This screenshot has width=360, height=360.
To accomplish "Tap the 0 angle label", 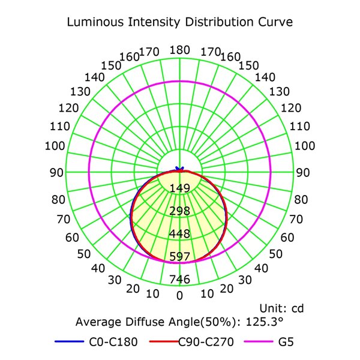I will tap(180, 295).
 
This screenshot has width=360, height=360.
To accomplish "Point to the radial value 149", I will tap(180, 188).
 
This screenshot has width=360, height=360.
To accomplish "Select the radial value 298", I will tap(180, 211).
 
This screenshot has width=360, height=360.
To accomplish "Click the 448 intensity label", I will tap(180, 233).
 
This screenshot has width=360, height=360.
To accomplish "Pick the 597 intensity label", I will tap(180, 256).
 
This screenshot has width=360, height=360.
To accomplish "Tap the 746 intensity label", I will tap(180, 279).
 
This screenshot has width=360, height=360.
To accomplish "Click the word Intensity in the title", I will tap(151, 23).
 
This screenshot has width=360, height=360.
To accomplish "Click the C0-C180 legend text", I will tap(113, 343).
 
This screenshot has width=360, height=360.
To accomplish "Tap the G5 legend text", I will tap(286, 343).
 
